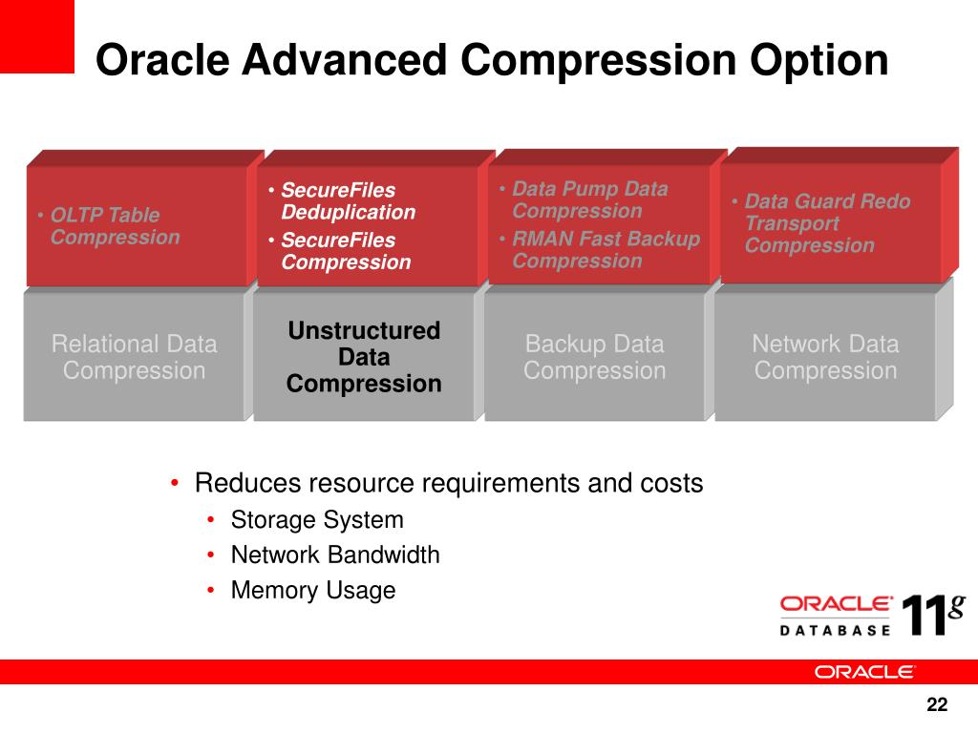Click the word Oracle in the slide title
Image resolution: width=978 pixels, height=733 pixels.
click(162, 59)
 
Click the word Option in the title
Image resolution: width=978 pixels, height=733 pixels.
click(819, 60)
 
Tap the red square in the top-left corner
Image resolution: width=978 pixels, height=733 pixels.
click(37, 36)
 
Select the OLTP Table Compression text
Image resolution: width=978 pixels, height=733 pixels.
click(116, 225)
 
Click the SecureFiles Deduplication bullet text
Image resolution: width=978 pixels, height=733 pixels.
click(348, 200)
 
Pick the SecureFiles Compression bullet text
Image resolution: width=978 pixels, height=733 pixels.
click(346, 251)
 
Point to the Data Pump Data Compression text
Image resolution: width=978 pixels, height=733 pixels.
click(590, 199)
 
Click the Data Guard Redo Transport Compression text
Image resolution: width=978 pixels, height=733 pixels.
click(828, 222)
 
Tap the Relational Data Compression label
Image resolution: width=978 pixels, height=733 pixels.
click(134, 357)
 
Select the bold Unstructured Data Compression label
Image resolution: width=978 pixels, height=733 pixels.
click(364, 357)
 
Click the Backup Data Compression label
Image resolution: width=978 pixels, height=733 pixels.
click(594, 357)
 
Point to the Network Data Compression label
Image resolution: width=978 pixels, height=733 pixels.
click(825, 357)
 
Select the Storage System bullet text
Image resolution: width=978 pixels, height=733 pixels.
click(317, 520)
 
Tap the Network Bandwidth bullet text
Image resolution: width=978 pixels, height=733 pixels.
click(335, 555)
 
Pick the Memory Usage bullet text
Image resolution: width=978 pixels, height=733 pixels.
click(313, 590)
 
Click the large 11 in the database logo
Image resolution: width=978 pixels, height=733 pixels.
click(924, 616)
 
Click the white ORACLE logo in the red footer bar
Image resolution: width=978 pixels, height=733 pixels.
click(863, 672)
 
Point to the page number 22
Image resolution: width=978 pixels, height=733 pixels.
click(937, 704)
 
